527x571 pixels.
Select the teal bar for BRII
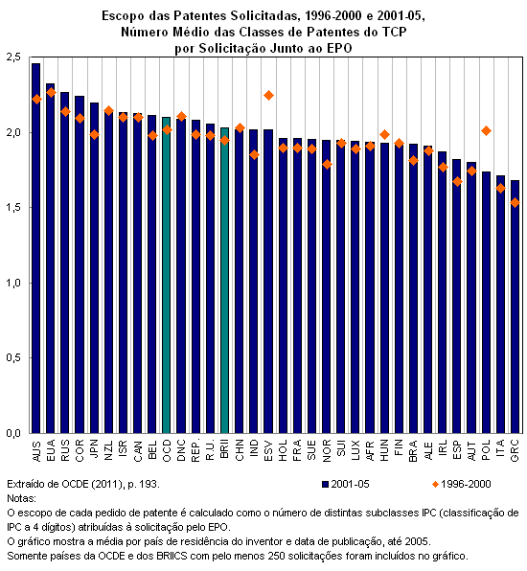pos(225,281)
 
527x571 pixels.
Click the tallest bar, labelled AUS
pos(35,248)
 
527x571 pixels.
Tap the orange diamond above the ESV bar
pos(269,96)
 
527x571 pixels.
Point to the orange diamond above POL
pos(486,130)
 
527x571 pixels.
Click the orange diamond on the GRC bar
pos(515,202)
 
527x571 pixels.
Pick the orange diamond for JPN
pos(94,135)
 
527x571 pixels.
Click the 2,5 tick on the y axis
pos(13,57)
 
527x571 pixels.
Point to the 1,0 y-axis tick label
pos(13,283)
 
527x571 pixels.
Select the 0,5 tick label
pos(13,358)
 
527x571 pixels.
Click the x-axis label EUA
pos(51,450)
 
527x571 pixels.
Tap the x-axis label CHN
pos(240,450)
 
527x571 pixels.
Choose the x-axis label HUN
pos(384,450)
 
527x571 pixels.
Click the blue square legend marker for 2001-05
pos(325,485)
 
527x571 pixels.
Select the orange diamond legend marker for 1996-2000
pos(435,485)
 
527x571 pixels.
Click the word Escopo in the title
pos(118,16)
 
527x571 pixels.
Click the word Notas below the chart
pos(21,498)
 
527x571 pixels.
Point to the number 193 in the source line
pos(149,485)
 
